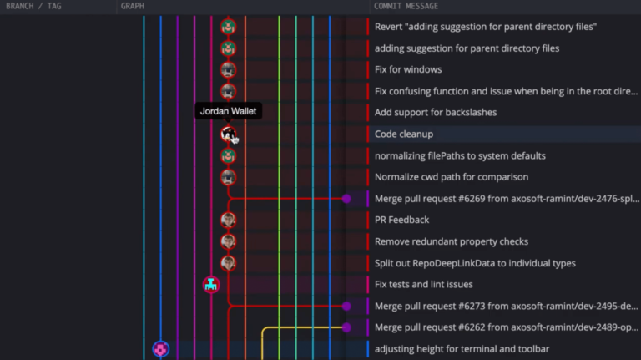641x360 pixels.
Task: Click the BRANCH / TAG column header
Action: click(x=33, y=6)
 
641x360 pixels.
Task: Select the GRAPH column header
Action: click(x=132, y=6)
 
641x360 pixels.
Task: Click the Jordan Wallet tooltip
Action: click(x=228, y=111)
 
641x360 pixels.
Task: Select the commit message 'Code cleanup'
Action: click(x=404, y=134)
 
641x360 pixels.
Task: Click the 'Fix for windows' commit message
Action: click(x=408, y=69)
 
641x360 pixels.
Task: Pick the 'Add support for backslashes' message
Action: click(x=436, y=113)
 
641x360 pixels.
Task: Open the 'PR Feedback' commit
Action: click(x=401, y=220)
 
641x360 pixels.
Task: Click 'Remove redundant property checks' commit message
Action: click(x=452, y=241)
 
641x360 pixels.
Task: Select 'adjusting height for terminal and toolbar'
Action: click(x=462, y=349)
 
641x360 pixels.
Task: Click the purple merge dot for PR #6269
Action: click(x=346, y=199)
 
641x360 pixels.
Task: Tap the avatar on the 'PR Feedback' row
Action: click(x=228, y=220)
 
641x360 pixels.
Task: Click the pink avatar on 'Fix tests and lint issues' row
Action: click(x=211, y=285)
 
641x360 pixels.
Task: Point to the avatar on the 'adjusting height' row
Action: click(x=160, y=349)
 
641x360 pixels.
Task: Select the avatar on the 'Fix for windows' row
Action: click(x=228, y=69)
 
